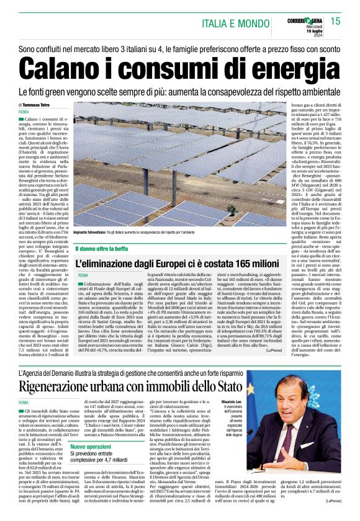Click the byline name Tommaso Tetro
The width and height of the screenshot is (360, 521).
coord(43,105)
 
